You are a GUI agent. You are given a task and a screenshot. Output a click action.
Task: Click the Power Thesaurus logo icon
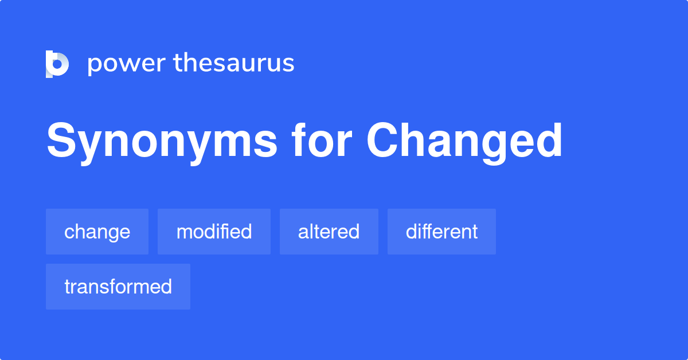point(57,64)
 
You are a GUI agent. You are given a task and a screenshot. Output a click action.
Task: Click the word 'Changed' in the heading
point(464,142)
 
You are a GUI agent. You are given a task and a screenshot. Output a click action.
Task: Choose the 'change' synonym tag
point(97,232)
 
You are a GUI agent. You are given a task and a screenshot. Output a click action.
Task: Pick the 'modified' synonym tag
point(214,232)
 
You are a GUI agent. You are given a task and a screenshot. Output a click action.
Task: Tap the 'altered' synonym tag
point(329,232)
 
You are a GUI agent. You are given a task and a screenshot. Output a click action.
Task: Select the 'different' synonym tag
point(441,232)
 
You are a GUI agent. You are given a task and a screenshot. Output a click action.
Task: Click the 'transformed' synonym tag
point(118,287)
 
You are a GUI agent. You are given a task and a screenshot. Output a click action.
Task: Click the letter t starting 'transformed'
point(67,287)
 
